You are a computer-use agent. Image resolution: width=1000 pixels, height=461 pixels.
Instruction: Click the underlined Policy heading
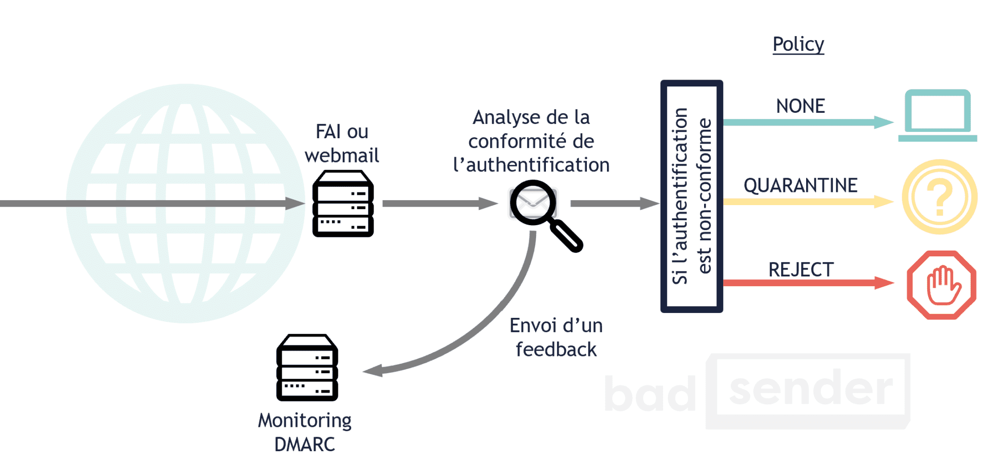(x=798, y=44)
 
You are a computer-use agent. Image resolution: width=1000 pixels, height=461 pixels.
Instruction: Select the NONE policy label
(x=800, y=106)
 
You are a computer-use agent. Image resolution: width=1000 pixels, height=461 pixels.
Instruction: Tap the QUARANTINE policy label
(x=800, y=186)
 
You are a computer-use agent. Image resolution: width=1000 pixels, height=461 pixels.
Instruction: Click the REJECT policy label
(x=801, y=270)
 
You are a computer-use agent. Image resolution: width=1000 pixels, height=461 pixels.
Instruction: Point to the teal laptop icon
(x=937, y=115)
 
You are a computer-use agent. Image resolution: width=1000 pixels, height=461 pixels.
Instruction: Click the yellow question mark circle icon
(x=939, y=197)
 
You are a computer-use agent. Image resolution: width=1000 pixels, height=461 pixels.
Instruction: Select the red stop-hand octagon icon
(x=941, y=285)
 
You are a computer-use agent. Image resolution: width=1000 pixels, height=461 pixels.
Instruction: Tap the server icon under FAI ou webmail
(x=343, y=204)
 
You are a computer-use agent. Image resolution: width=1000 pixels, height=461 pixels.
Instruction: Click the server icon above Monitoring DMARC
(x=307, y=368)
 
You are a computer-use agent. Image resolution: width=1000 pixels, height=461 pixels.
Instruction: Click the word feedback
(x=556, y=350)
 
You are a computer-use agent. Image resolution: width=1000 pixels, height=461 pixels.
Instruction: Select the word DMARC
(x=305, y=444)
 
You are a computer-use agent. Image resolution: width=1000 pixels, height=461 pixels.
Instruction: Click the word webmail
(x=342, y=156)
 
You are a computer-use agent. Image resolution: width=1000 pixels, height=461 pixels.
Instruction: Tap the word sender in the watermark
(x=811, y=389)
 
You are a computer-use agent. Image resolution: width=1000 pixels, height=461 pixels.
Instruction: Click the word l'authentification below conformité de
(x=531, y=165)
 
